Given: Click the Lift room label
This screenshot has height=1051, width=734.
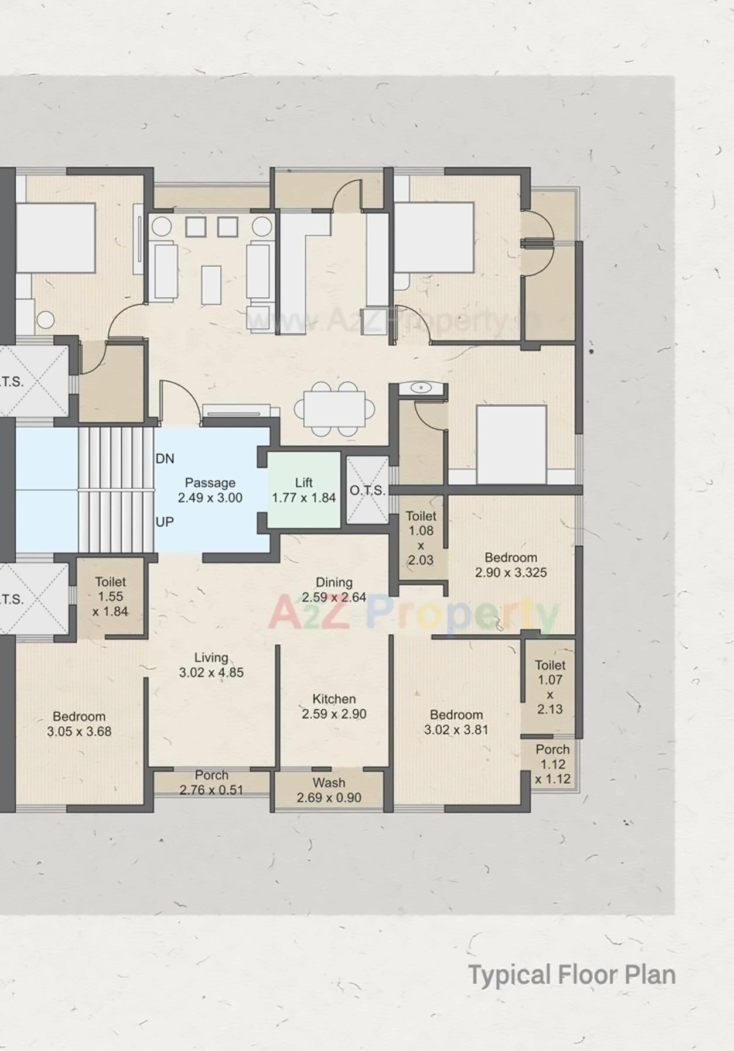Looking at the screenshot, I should click(x=303, y=490).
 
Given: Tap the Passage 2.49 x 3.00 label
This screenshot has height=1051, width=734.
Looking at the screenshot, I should click(x=210, y=490).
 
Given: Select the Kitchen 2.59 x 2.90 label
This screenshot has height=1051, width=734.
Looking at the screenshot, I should click(x=334, y=706).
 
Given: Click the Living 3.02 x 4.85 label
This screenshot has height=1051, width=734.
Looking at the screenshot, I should click(x=211, y=665).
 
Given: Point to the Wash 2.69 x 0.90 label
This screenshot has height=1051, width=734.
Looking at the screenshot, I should click(x=329, y=790).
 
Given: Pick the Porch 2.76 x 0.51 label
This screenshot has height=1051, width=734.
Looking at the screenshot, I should click(x=211, y=782).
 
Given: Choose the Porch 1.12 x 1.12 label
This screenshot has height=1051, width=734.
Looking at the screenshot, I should click(x=552, y=764).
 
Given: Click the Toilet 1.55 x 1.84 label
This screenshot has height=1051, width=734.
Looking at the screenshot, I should click(x=110, y=596).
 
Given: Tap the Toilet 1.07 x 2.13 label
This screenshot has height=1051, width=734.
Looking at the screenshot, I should click(x=549, y=687).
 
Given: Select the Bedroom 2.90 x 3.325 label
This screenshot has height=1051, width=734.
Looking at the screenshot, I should click(x=511, y=565).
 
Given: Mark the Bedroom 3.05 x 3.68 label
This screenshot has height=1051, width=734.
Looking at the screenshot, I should click(x=79, y=724).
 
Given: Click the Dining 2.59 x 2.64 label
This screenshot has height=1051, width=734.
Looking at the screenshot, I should click(x=334, y=590).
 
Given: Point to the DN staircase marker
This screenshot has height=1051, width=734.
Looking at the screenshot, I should click(x=165, y=459).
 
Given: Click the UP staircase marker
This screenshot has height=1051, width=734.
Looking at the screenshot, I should click(x=165, y=521).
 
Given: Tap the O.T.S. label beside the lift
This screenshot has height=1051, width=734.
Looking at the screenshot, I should click(x=367, y=490).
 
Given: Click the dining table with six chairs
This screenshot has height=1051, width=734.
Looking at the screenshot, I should click(x=334, y=408).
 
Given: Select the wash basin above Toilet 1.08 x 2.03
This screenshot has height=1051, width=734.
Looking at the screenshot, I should click(x=420, y=388).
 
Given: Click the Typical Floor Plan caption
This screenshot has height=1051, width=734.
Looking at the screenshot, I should click(x=572, y=975).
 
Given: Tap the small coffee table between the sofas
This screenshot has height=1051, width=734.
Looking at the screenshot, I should click(x=211, y=284).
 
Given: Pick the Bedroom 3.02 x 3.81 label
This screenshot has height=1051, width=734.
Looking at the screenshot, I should click(x=456, y=722).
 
